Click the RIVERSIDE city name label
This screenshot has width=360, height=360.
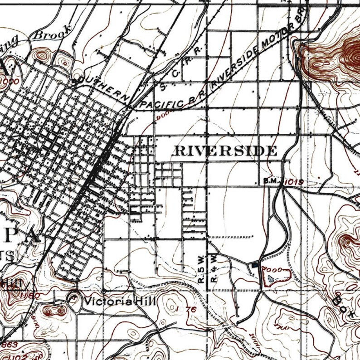click(x=225, y=151)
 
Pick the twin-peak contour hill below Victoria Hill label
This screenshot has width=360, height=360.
click(x=55, y=311)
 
